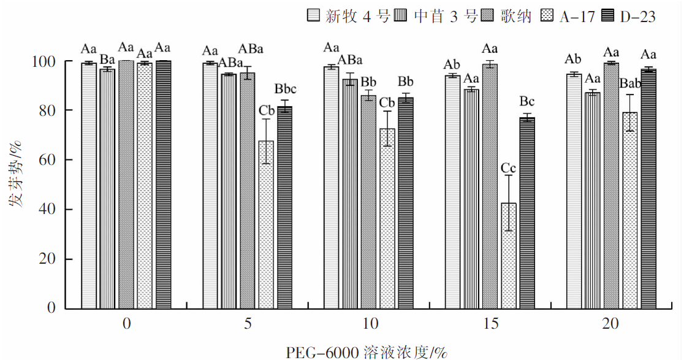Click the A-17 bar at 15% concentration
click(509, 255)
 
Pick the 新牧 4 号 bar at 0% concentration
click(89, 185)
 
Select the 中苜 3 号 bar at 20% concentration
click(593, 200)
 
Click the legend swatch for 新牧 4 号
click(314, 17)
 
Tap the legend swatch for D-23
click(609, 17)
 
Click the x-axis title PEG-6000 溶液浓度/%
click(367, 352)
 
